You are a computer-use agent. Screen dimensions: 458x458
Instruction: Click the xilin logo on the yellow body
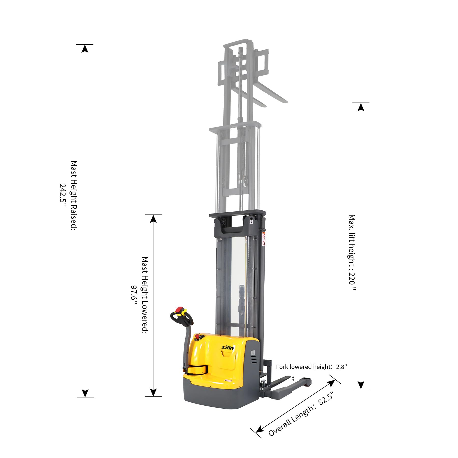[x=227, y=348]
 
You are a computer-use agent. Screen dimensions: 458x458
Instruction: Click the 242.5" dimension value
[x=63, y=193]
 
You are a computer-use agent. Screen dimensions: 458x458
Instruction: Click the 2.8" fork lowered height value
[x=341, y=367]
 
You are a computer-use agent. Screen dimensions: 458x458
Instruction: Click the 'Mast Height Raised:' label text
[x=74, y=196]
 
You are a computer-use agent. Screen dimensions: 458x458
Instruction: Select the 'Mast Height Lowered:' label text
[x=145, y=295]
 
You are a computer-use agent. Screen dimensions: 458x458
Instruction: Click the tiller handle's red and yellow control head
[x=180, y=312]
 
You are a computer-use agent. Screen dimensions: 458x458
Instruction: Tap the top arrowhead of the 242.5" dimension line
[x=85, y=48]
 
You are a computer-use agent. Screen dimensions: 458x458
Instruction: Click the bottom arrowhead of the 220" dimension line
[x=361, y=385]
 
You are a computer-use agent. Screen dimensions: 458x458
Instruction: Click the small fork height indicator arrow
[x=293, y=378]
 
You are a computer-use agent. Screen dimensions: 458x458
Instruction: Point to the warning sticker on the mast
[x=264, y=239]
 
